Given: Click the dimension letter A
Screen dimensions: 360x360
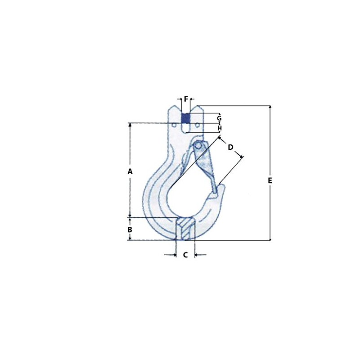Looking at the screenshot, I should (x=130, y=171).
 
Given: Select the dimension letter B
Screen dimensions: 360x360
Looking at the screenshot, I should (x=130, y=229).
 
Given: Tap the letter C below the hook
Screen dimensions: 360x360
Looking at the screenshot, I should (x=185, y=255).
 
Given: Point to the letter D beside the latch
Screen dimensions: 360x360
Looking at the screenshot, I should (x=230, y=147).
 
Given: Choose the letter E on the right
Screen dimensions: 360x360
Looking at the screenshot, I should (x=270, y=180).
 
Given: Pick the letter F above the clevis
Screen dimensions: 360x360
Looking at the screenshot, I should (x=186, y=99).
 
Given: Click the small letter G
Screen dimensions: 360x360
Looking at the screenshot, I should (x=219, y=118).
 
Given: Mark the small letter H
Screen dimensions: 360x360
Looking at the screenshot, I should (x=219, y=128).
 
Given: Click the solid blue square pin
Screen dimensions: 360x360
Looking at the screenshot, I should (x=185, y=118).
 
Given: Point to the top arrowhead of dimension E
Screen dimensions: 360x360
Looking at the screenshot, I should (x=270, y=108).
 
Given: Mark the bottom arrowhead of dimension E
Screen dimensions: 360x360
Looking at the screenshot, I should (x=270, y=238).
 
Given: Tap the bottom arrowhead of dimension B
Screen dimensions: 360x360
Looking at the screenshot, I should (x=130, y=238).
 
